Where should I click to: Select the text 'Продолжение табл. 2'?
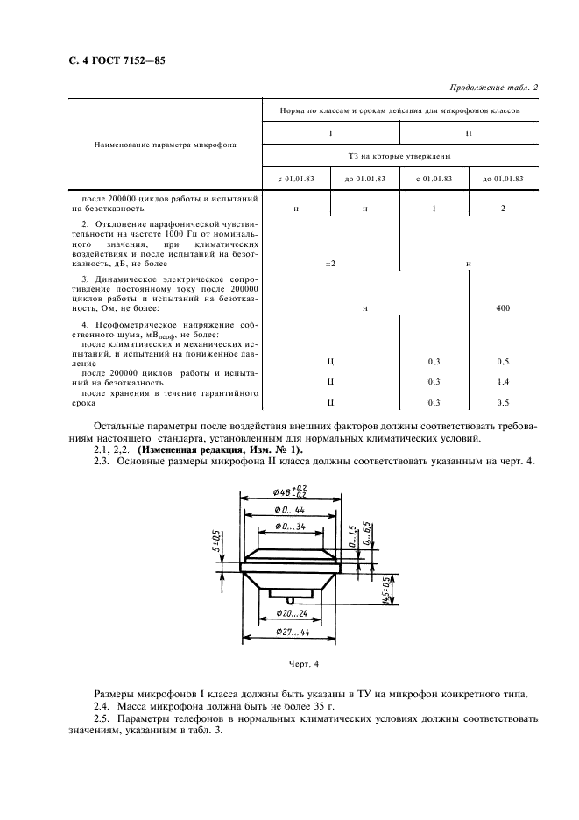click(x=493, y=87)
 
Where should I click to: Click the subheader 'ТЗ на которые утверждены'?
click(x=399, y=156)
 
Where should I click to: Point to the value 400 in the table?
click(x=502, y=307)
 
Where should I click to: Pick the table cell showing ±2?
click(x=330, y=263)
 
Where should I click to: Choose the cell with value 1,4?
click(x=502, y=382)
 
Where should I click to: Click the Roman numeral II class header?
click(x=469, y=132)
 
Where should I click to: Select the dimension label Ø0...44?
click(x=287, y=509)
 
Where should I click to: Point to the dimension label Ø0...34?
click(x=286, y=527)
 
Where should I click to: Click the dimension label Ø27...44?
click(x=288, y=631)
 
